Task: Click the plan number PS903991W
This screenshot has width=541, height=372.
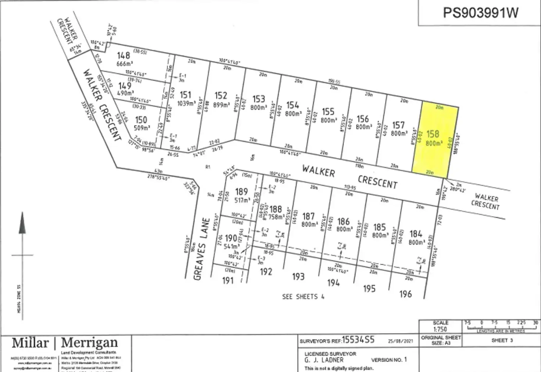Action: click(x=480, y=13)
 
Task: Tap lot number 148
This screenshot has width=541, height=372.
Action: click(x=123, y=55)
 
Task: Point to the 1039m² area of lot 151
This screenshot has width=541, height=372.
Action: click(x=186, y=103)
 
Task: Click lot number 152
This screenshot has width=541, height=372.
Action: click(x=221, y=96)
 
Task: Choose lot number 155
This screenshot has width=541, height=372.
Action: click(x=328, y=111)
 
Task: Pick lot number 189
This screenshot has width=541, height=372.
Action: click(x=241, y=192)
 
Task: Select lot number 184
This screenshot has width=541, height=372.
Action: click(x=416, y=234)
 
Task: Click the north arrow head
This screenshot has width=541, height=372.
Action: click(x=22, y=223)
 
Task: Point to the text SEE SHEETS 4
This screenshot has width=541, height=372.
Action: click(x=303, y=297)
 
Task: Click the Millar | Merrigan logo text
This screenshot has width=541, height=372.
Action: click(x=65, y=343)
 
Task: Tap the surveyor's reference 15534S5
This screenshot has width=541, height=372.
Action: click(x=358, y=340)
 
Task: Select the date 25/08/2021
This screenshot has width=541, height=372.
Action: click(x=401, y=341)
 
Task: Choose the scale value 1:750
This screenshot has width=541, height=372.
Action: click(x=440, y=329)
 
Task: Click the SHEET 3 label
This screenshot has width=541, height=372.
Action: click(x=502, y=340)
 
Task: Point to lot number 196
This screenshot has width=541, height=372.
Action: click(x=405, y=294)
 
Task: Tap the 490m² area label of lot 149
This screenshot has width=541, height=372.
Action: click(x=125, y=93)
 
